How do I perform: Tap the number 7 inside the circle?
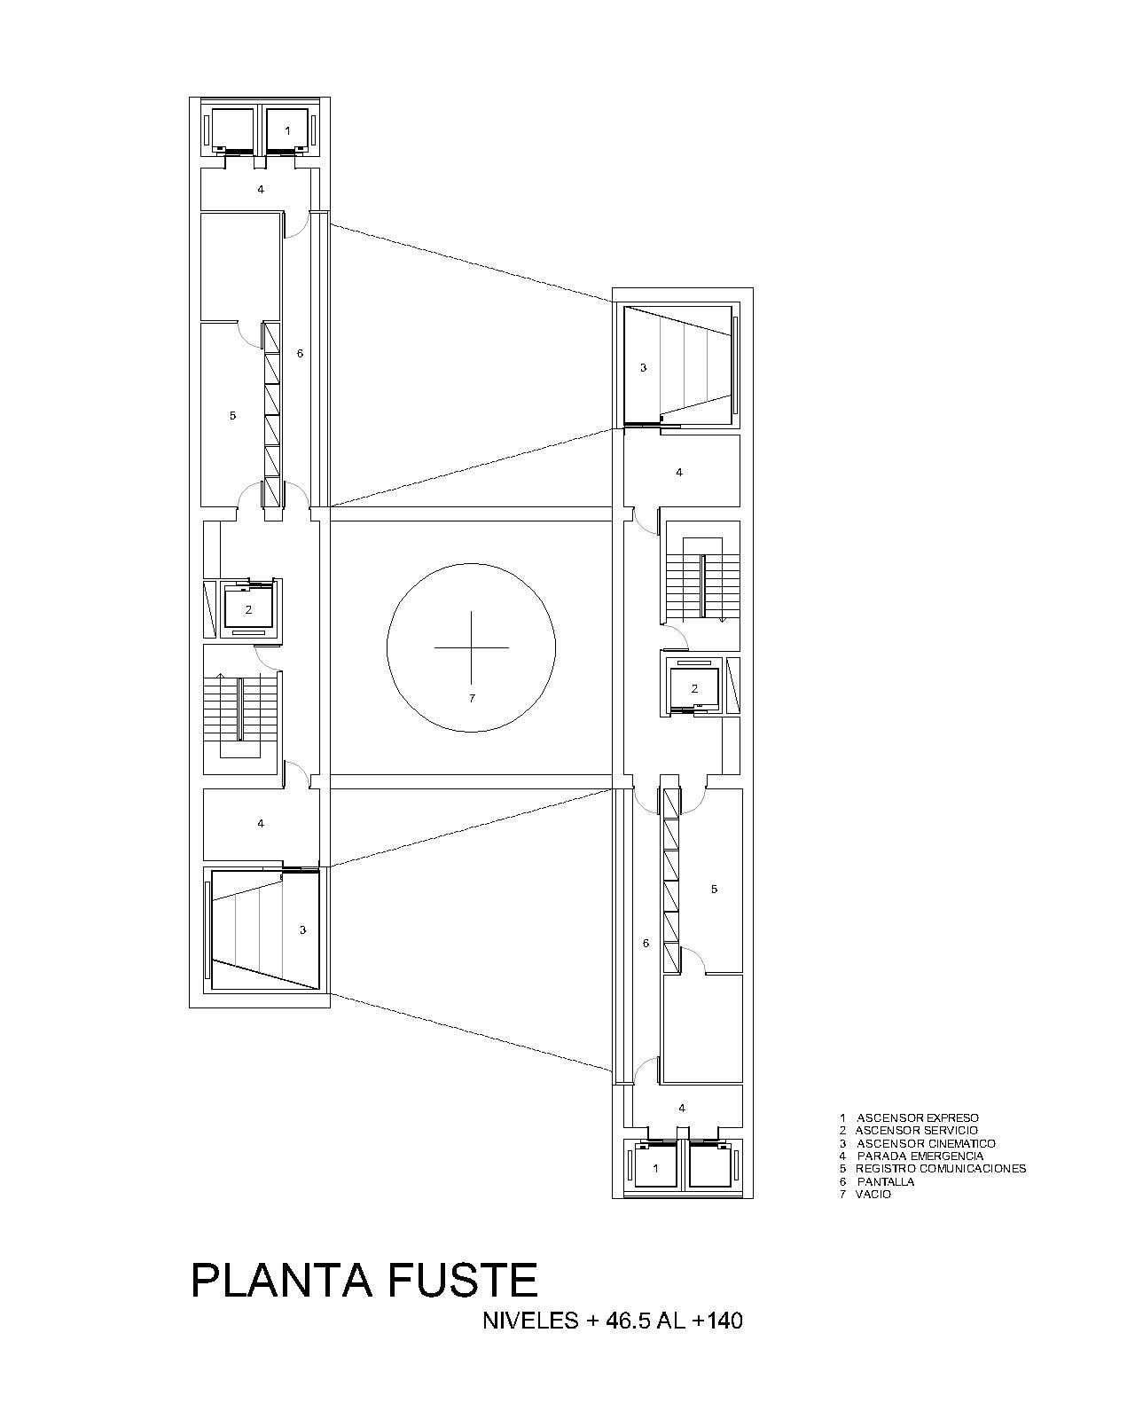pyautogui.click(x=472, y=698)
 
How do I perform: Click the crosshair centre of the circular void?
pyautogui.click(x=471, y=647)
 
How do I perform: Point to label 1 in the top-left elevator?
pyautogui.click(x=287, y=131)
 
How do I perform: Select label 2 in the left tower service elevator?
pyautogui.click(x=248, y=610)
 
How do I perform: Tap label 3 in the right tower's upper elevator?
pyautogui.click(x=644, y=368)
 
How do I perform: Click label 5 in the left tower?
pyautogui.click(x=233, y=416)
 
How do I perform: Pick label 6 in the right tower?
pyautogui.click(x=646, y=944)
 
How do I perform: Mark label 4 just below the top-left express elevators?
pyautogui.click(x=261, y=189)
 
